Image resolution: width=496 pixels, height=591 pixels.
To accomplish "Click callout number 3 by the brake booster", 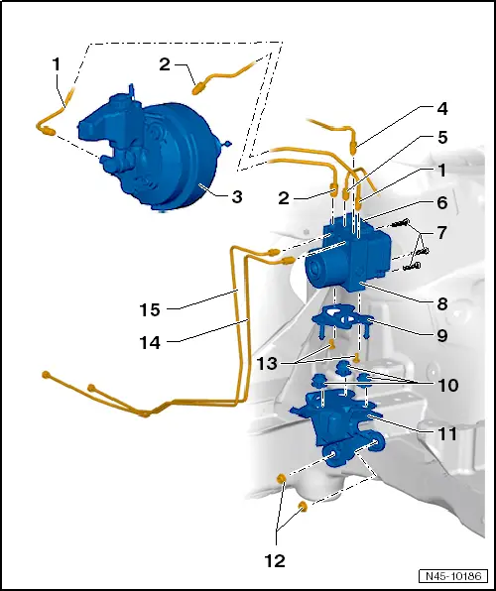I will click(237, 196).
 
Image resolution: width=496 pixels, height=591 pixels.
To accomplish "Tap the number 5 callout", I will click(441, 138).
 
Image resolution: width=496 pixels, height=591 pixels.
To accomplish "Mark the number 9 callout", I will click(441, 334).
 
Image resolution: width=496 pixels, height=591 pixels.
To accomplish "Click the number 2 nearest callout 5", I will click(285, 197).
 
